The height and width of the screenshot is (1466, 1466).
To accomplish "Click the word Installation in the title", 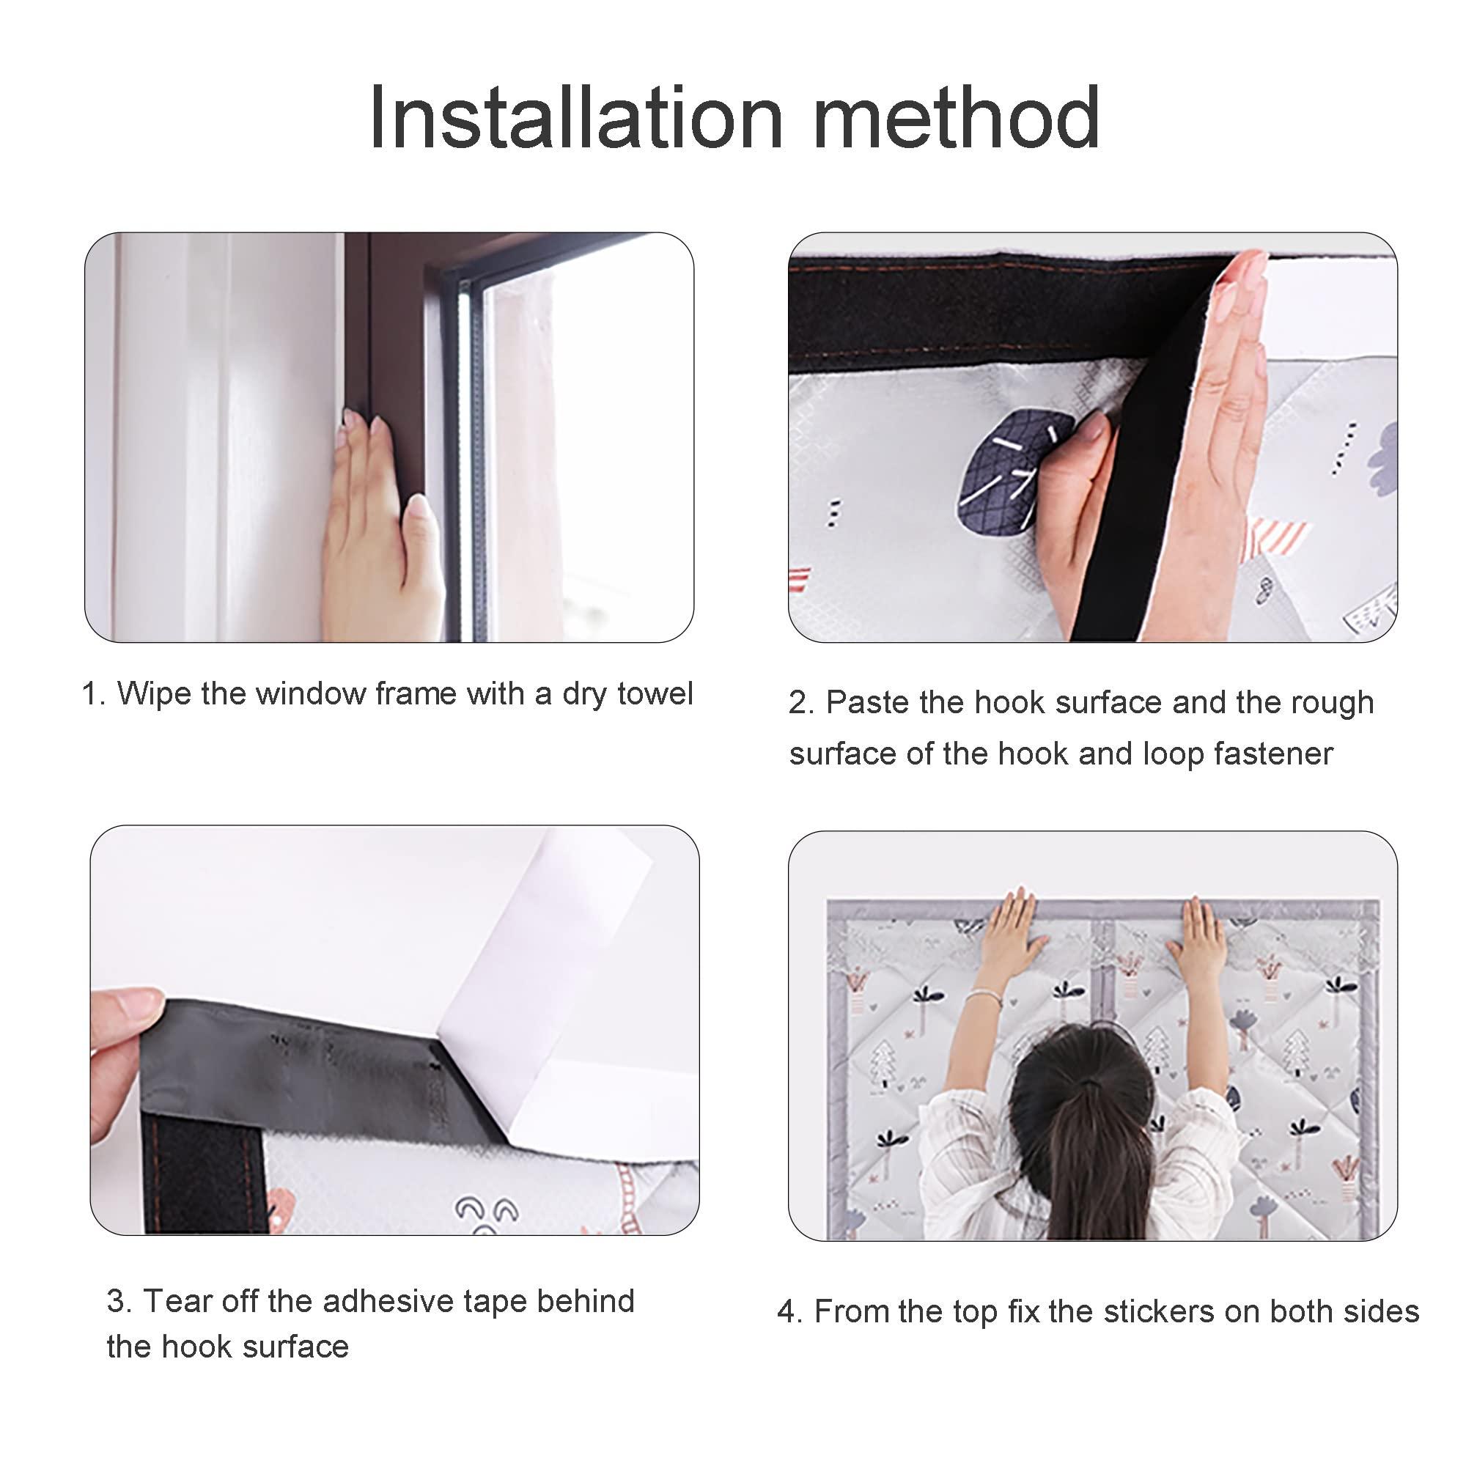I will click(575, 118).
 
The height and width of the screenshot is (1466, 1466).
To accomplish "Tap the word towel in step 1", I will click(655, 693).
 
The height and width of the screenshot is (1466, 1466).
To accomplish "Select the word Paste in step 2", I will click(867, 702).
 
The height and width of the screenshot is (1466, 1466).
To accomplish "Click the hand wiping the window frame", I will click(380, 523).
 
